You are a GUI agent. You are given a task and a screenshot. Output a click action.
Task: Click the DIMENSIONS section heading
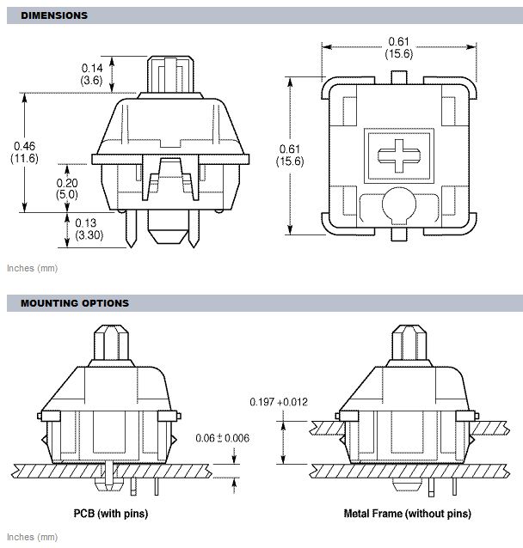click(54, 15)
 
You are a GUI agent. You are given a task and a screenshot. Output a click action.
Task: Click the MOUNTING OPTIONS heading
click(75, 303)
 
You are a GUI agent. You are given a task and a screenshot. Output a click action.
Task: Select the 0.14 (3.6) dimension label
click(92, 74)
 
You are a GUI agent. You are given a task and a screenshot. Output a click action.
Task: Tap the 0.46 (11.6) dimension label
click(24, 152)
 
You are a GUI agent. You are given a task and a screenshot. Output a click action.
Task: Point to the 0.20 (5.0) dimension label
click(67, 189)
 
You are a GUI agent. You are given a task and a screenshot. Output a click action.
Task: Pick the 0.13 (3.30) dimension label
click(89, 228)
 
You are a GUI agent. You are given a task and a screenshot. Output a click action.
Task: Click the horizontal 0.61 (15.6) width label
click(399, 47)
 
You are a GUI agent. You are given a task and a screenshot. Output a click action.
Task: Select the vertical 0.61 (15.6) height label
click(290, 155)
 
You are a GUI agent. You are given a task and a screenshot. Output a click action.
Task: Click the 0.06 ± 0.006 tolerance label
click(222, 438)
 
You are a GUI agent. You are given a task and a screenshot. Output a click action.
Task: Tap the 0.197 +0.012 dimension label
click(279, 402)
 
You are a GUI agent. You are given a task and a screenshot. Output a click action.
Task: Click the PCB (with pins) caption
click(111, 514)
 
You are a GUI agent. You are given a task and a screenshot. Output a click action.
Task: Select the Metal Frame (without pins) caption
click(408, 514)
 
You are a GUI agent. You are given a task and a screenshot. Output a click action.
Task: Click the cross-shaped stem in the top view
click(399, 155)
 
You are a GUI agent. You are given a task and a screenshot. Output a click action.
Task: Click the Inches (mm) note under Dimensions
click(32, 268)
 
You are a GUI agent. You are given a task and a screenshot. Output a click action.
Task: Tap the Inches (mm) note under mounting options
click(32, 537)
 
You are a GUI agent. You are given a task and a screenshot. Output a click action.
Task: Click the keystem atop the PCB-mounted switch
click(111, 343)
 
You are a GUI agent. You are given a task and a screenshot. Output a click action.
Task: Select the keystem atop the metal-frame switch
click(409, 343)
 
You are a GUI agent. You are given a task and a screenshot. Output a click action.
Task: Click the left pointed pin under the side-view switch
click(132, 228)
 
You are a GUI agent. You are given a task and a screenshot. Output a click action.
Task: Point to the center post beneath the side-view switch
click(168, 227)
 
